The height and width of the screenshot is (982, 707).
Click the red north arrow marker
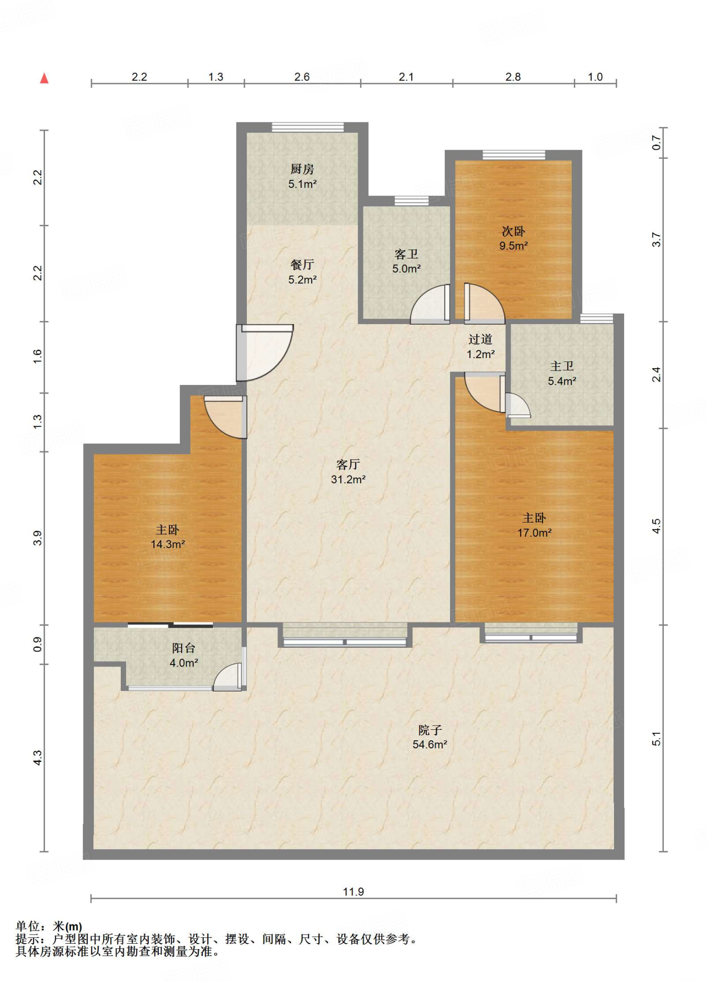45,78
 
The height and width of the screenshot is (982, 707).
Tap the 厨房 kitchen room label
302,169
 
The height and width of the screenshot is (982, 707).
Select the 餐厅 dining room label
302,265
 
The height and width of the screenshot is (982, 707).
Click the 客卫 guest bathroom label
406,254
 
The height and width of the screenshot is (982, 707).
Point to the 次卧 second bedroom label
513,231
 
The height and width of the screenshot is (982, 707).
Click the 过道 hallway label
480,339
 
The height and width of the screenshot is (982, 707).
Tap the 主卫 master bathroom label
562,366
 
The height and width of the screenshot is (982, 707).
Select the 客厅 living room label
348,464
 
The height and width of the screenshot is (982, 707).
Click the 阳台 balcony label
184,648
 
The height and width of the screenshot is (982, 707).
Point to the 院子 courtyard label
430,730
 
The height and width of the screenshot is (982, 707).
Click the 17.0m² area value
534,533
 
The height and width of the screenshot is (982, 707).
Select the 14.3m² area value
168,544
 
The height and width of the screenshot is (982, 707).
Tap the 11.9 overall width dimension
353,892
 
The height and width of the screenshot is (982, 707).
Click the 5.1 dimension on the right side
656,739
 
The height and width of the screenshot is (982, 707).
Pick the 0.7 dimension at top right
656,143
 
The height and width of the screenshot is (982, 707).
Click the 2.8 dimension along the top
513,77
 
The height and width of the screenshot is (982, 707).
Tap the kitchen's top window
308,127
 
